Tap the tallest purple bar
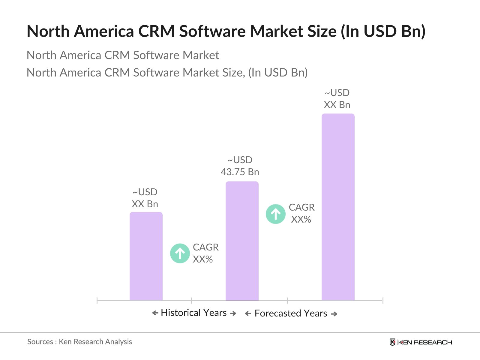338,207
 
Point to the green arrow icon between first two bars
180,253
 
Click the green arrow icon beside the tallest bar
275,214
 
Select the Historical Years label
194,313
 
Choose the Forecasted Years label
291,313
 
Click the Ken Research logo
421,342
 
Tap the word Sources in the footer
40,342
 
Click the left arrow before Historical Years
155,313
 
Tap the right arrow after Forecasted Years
334,314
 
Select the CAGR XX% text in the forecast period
301,213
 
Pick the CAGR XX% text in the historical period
205,253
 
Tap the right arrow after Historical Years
233,313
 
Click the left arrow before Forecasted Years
248,314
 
